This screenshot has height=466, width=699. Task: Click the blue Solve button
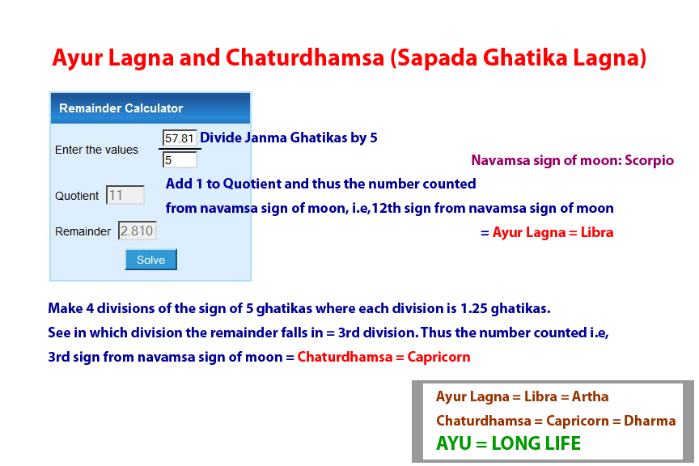click(150, 260)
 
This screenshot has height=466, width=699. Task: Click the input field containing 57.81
click(180, 138)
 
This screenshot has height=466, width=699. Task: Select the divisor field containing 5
click(180, 159)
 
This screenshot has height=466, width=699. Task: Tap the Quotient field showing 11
click(125, 195)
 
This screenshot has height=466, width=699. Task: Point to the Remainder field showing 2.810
click(137, 231)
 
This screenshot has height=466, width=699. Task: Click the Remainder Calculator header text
click(121, 108)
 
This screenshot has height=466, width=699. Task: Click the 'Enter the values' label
click(96, 150)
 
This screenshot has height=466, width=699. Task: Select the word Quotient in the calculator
click(77, 196)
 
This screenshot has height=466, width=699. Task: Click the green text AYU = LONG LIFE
click(508, 443)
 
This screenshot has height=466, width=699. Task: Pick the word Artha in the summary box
click(590, 396)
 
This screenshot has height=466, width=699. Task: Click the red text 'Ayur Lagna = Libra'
click(553, 232)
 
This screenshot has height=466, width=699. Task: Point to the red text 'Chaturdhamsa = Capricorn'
click(383, 357)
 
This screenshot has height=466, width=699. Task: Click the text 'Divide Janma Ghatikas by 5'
click(289, 138)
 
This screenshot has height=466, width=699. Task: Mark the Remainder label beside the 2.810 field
click(83, 231)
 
